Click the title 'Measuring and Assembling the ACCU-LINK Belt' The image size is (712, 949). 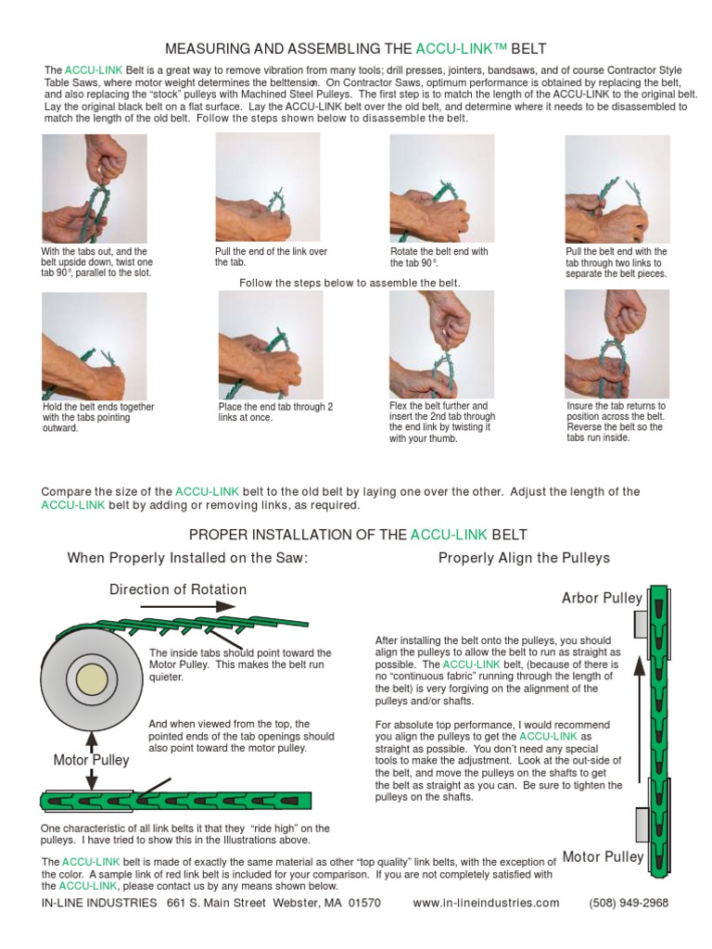pyautogui.click(x=355, y=47)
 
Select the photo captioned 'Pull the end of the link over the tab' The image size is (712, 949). pyautogui.click(x=267, y=187)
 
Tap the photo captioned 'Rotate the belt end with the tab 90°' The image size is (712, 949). pyautogui.click(x=441, y=189)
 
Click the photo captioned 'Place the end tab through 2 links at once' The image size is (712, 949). pyautogui.click(x=270, y=345)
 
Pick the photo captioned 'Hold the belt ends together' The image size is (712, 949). pyautogui.click(x=94, y=346)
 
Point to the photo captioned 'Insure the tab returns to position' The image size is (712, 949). pyautogui.click(x=617, y=344)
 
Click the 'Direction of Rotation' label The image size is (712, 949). pyautogui.click(x=178, y=589)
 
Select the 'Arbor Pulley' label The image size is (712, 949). pyautogui.click(x=602, y=598)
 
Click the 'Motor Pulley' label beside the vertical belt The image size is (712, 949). pyautogui.click(x=603, y=856)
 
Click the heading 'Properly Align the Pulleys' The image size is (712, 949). pyautogui.click(x=524, y=558)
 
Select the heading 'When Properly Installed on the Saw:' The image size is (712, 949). pyautogui.click(x=186, y=558)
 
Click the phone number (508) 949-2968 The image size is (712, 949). pyautogui.click(x=629, y=903)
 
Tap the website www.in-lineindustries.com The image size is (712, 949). pyautogui.click(x=486, y=903)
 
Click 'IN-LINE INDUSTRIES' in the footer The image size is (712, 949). pyautogui.click(x=99, y=903)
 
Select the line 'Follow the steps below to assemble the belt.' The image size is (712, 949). pyautogui.click(x=350, y=283)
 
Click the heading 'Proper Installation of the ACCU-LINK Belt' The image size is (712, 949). pyautogui.click(x=358, y=535)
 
